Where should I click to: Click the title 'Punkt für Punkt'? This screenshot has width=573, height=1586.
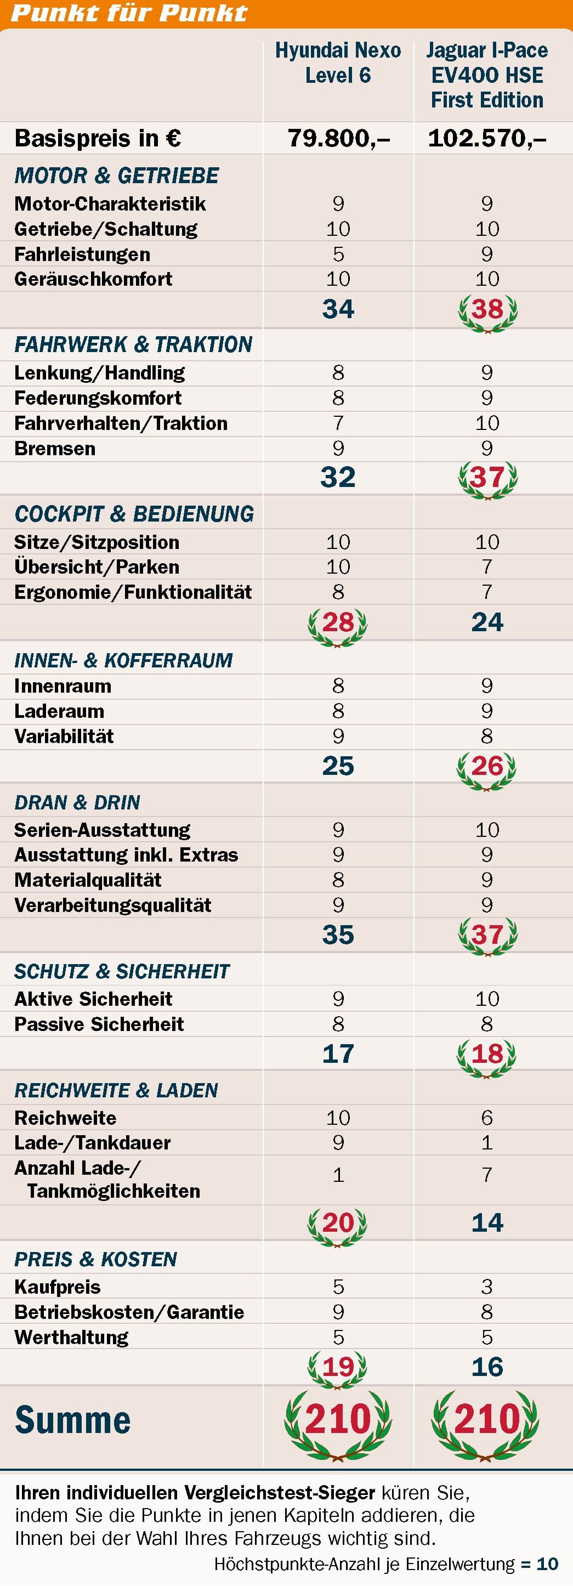[129, 13]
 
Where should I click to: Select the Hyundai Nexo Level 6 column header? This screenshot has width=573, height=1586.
[338, 63]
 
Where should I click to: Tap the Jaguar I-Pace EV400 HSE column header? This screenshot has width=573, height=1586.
[487, 75]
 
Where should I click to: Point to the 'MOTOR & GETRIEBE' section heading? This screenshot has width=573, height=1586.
[116, 175]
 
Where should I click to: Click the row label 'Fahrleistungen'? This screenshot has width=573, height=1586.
[82, 254]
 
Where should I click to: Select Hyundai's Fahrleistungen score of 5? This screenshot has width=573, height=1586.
[338, 254]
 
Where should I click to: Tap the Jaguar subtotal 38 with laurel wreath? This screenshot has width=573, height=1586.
[487, 310]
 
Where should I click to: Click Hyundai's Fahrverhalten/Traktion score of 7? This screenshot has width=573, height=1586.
[338, 423]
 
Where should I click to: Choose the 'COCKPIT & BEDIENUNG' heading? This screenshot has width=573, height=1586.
[134, 514]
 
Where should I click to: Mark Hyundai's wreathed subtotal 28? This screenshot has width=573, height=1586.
[338, 623]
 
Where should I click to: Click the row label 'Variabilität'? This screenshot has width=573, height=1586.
[64, 737]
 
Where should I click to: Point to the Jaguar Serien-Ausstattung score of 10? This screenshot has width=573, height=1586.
[487, 830]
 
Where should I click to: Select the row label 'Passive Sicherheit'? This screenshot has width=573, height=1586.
[99, 1024]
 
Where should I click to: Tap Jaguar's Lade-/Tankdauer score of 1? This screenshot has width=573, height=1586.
[487, 1143]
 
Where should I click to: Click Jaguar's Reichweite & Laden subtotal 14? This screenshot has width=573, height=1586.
[487, 1223]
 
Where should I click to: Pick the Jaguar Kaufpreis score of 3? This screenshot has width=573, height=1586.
[487, 1287]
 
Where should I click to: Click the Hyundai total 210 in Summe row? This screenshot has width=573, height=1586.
[338, 1419]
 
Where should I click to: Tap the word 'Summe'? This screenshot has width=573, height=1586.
[72, 1420]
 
